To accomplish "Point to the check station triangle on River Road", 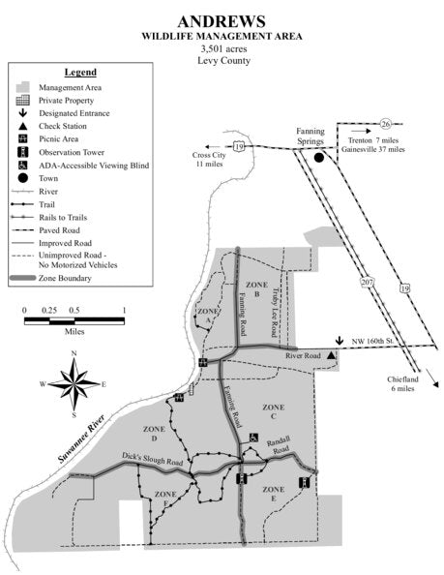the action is coord(332,357).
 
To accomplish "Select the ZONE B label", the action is coord(255,288).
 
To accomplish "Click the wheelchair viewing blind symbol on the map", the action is coord(254,439).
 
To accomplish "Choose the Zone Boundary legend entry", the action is coord(65,278).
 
